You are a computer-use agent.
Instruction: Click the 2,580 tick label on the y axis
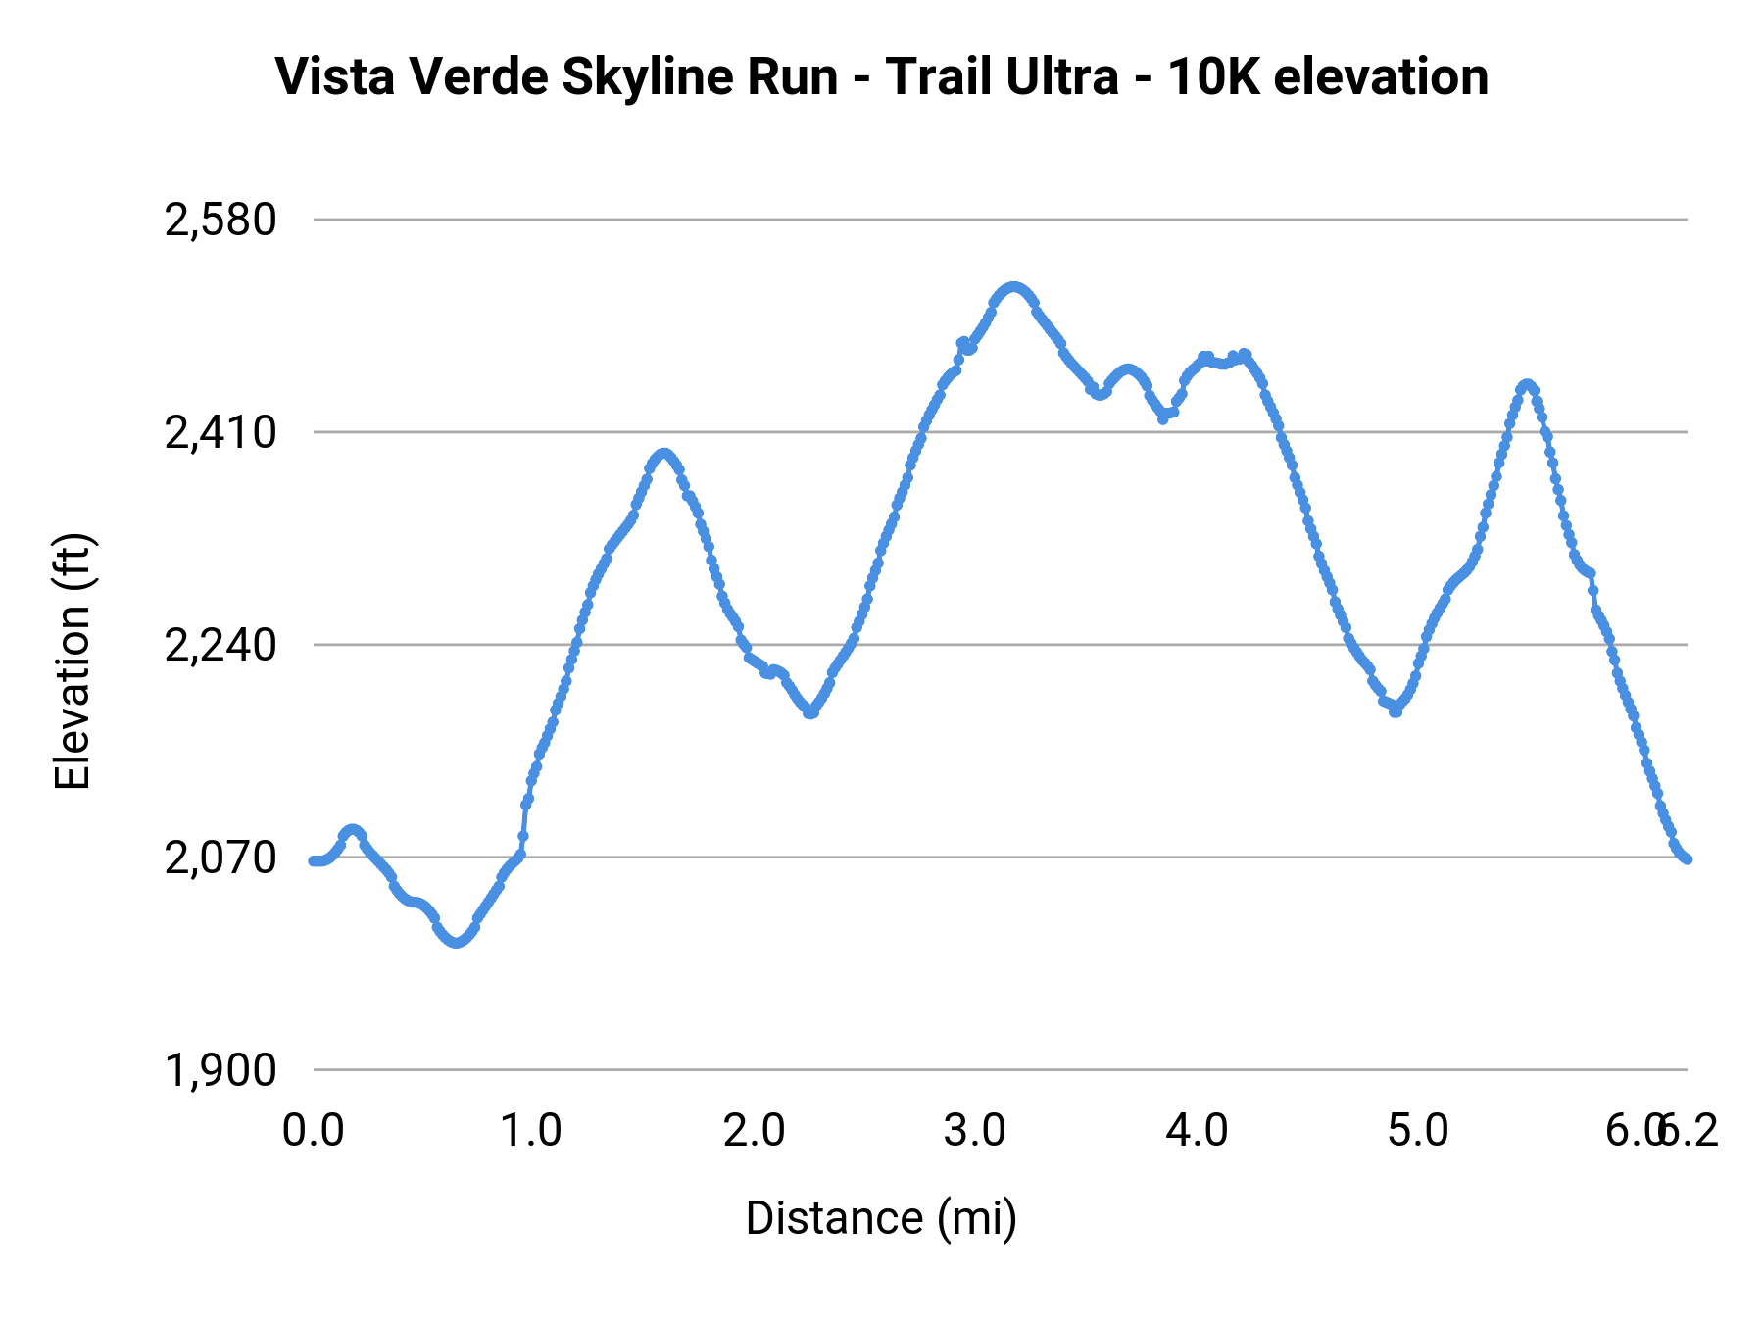220,220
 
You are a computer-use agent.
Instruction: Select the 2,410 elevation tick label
220,432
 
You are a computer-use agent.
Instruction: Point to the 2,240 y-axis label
220,645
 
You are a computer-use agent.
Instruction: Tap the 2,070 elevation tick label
220,857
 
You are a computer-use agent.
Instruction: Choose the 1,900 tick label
220,1070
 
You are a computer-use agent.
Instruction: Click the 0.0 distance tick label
313,1131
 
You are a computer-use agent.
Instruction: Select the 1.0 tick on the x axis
531,1131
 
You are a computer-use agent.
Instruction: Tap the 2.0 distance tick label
754,1131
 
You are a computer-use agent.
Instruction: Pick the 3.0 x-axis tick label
975,1131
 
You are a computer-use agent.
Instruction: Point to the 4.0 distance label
1197,1131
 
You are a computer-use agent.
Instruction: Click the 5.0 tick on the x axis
1418,1131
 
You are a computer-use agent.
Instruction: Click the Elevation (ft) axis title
73,661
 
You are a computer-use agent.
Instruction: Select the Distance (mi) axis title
881,1218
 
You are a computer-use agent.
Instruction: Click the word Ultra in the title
1062,76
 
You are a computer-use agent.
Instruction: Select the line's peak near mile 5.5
1527,385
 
